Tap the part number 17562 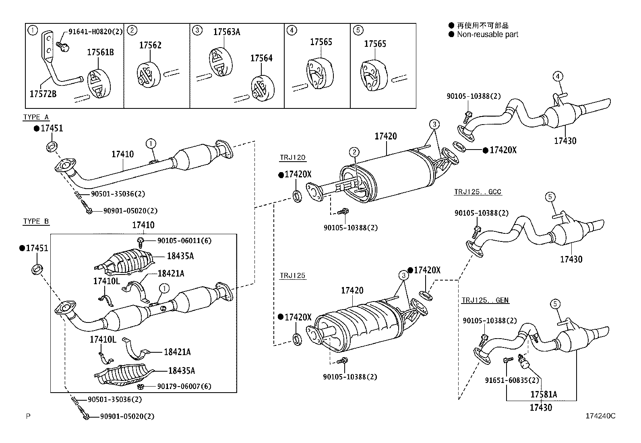pyautogui.click(x=150, y=45)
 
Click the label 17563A pyautogui.click(x=226, y=32)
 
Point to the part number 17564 pyautogui.click(x=261, y=58)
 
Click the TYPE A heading pyautogui.click(x=36, y=117)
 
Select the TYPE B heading pyautogui.click(x=36, y=221)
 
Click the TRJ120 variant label pyautogui.click(x=292, y=158)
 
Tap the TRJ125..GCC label pyautogui.click(x=478, y=192)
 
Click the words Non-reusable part pyautogui.click(x=488, y=35)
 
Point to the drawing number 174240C pyautogui.click(x=601, y=416)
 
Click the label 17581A pyautogui.click(x=543, y=394)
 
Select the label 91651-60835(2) pyautogui.click(x=512, y=380)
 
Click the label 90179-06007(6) pyautogui.click(x=184, y=386)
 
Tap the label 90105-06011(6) pyautogui.click(x=184, y=241)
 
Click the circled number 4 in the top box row pyautogui.click(x=292, y=30)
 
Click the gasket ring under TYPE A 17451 pyautogui.click(x=52, y=146)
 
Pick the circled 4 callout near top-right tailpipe pyautogui.click(x=557, y=76)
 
